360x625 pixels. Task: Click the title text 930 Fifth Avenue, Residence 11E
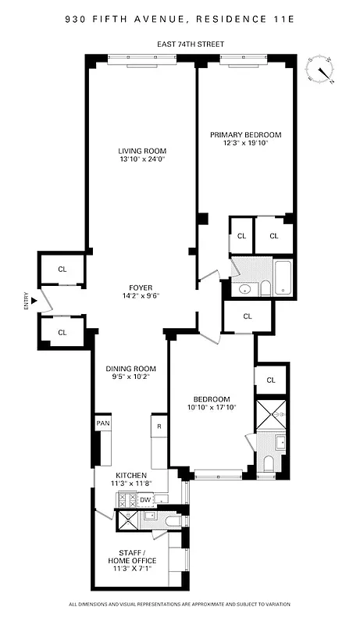[180, 16]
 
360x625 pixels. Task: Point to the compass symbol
[320, 69]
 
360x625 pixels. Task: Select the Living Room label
[142, 151]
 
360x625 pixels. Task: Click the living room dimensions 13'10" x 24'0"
[142, 159]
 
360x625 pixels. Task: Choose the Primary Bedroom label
[245, 134]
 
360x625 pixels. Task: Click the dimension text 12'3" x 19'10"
[245, 143]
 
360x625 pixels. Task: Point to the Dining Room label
[131, 369]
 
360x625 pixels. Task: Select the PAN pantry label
[103, 423]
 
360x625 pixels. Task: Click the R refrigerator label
[159, 427]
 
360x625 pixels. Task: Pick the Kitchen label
[130, 475]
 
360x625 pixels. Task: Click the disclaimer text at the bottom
[180, 604]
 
